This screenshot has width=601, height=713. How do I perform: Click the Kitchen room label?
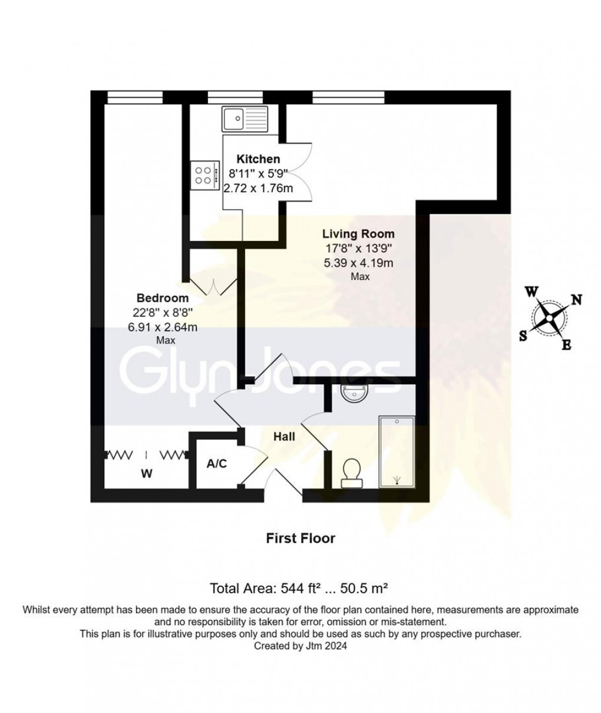258,159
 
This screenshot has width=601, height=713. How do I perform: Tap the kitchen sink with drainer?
245,119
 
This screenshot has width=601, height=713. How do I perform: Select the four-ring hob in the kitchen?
205,175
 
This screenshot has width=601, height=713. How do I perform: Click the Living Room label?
358,234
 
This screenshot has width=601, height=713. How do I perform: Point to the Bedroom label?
163,298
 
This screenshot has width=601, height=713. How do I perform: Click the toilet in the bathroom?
352,473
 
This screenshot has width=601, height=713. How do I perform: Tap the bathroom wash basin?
355,394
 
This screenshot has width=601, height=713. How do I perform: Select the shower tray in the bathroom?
397,452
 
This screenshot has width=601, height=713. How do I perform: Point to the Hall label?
284,437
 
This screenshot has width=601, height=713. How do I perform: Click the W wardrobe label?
147,474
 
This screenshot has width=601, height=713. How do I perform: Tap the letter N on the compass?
577,299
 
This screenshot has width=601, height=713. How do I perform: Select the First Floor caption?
300,539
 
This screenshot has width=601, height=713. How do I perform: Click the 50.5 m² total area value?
364,588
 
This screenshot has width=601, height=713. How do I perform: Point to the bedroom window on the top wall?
135,97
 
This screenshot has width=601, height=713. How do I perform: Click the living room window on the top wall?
349,97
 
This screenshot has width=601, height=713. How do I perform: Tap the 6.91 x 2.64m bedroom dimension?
163,327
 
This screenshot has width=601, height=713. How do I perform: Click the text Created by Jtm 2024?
300,646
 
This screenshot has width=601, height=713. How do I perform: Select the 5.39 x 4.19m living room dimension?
359,263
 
